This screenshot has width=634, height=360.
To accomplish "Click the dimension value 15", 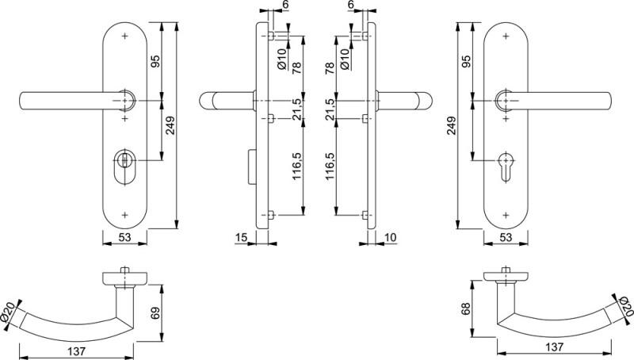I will [x=241, y=237].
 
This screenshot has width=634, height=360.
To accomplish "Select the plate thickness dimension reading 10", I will [x=390, y=237].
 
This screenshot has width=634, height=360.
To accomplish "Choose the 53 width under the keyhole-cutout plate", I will [x=505, y=237].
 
